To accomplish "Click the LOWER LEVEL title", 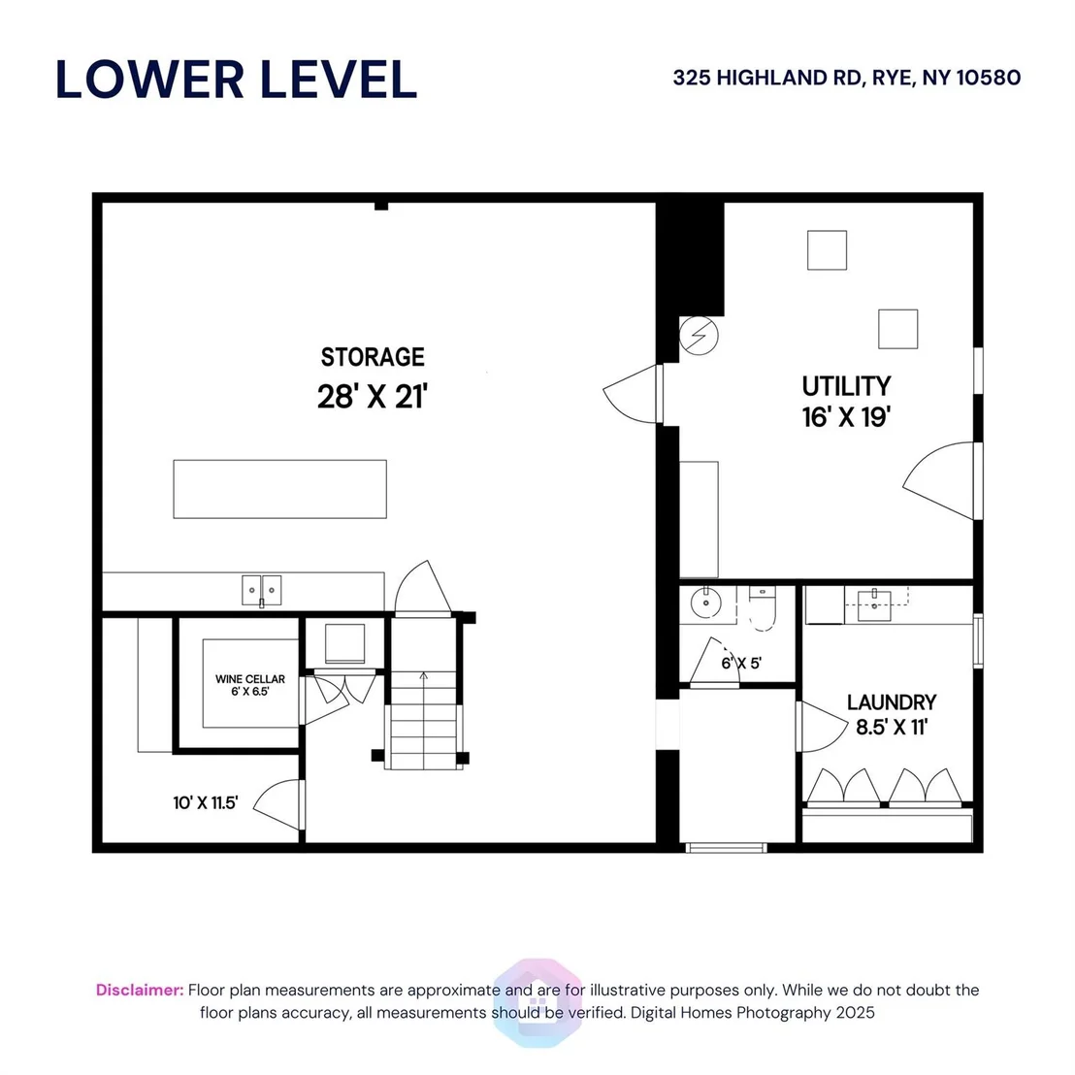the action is point(236,80).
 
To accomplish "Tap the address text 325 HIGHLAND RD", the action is point(766,79).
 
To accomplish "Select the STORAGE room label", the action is point(373,357).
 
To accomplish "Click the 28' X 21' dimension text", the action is point(373,396).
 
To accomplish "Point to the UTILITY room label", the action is point(846,386).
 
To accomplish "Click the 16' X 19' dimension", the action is point(846,417).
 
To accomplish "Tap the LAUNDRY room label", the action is point(892,702).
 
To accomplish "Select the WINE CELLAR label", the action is point(250,679).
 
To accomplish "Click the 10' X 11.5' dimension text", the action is point(205,802).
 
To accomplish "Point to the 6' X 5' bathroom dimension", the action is point(741,663).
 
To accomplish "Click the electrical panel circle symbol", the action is point(699,336).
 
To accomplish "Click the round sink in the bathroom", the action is point(704,603).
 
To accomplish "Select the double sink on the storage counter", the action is point(261,590).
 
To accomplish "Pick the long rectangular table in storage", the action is point(279,489).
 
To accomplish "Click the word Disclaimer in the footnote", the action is point(140,990).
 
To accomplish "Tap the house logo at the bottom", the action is point(537,1002).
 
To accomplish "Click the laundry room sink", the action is point(874,605).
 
